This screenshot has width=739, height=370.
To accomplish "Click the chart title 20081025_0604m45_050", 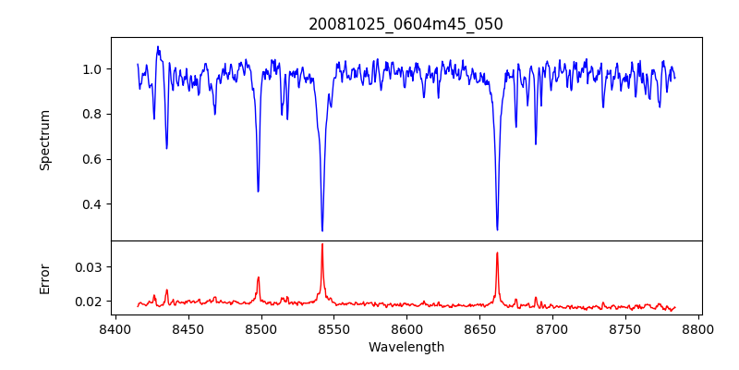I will pyautogui.click(x=406, y=24).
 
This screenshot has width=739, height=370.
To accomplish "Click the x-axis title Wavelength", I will pyautogui.click(x=406, y=348).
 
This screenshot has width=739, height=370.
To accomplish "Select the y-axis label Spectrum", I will pyautogui.click(x=44, y=140).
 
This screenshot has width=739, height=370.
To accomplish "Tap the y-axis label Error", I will pyautogui.click(x=44, y=278).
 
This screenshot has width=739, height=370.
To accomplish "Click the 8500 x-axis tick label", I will pyautogui.click(x=260, y=328).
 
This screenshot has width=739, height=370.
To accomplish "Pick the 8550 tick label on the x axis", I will pyautogui.click(x=333, y=328).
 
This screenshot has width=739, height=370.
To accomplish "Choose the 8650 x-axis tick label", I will pyautogui.click(x=479, y=328).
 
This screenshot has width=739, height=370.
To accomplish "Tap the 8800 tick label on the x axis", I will pyautogui.click(x=698, y=328).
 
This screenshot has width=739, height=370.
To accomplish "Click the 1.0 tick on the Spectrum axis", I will pyautogui.click(x=93, y=69).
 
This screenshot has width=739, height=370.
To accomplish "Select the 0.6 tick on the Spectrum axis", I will pyautogui.click(x=93, y=159).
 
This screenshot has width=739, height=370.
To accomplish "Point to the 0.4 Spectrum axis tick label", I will pyautogui.click(x=93, y=204).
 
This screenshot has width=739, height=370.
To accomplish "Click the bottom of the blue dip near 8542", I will pyautogui.click(x=322, y=230).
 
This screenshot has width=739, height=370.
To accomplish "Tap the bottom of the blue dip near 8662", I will pyautogui.click(x=497, y=229).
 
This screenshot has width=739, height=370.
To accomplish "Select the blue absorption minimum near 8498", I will pyautogui.click(x=258, y=191).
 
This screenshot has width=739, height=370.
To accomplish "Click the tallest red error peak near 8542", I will pyautogui.click(x=321, y=244).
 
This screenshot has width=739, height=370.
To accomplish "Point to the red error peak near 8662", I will pyautogui.click(x=497, y=253).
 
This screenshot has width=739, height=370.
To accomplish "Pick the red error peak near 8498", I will pyautogui.click(x=259, y=277).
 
